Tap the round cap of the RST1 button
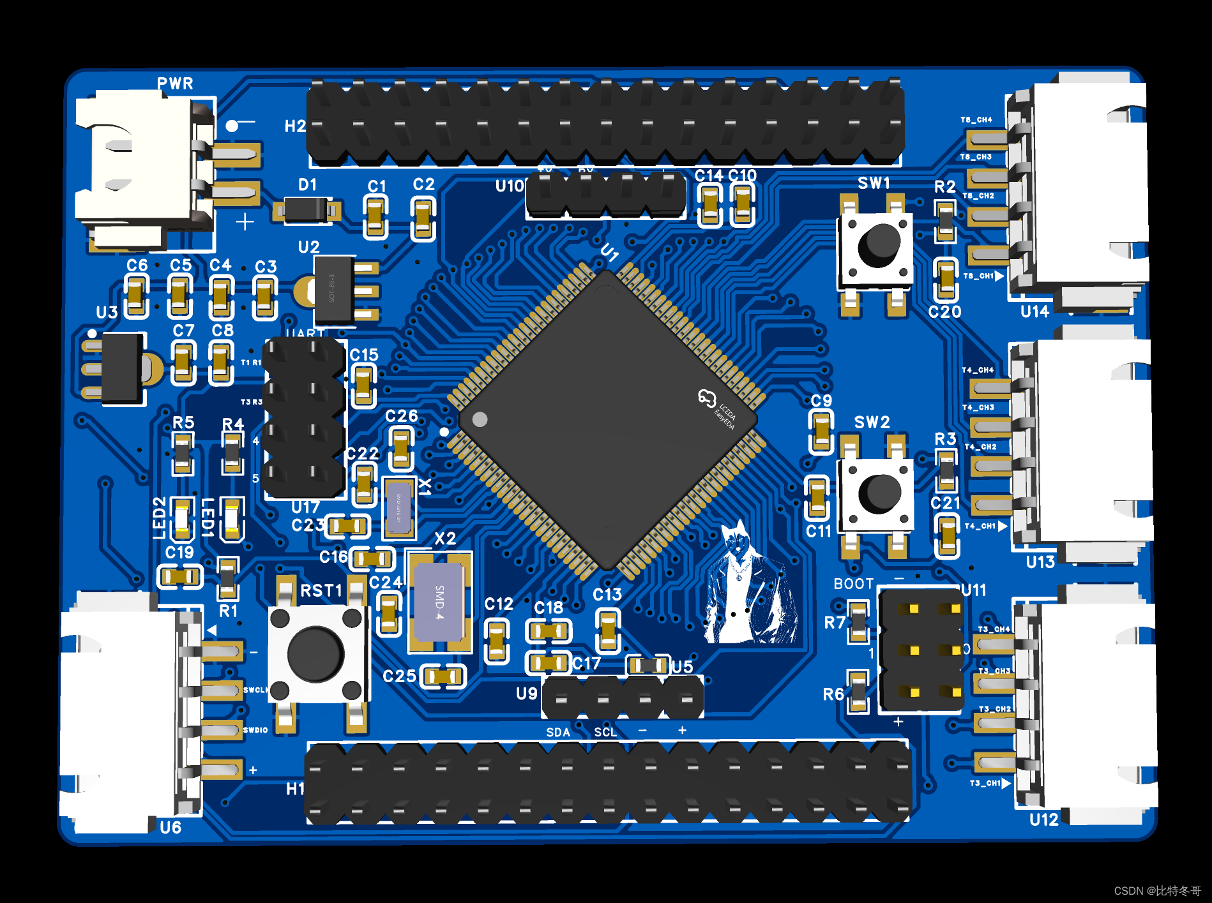315,653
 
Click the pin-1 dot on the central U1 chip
480,419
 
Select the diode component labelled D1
306,209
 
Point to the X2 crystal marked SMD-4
439,601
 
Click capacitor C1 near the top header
375,216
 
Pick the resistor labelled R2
945,221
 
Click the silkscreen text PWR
175,84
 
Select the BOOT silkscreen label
853,584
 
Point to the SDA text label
557,732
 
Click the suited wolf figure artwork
749,587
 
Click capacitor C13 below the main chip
607,630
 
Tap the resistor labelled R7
858,622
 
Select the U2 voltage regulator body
333,290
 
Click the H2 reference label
295,126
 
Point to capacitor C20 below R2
946,279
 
